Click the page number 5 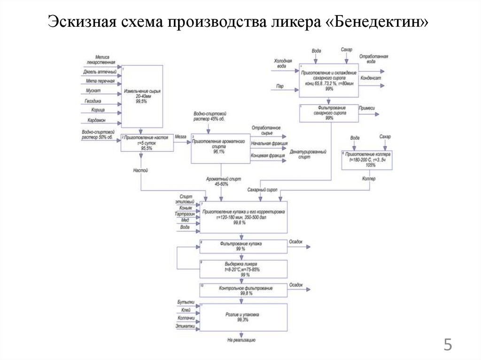click(448, 346)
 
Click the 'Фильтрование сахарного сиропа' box click(329, 113)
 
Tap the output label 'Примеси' click(367, 108)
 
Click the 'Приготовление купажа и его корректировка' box click(243, 217)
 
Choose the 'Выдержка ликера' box click(243, 269)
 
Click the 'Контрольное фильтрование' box click(243, 290)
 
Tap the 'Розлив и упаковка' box click(243, 317)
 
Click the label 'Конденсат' click(371, 78)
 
